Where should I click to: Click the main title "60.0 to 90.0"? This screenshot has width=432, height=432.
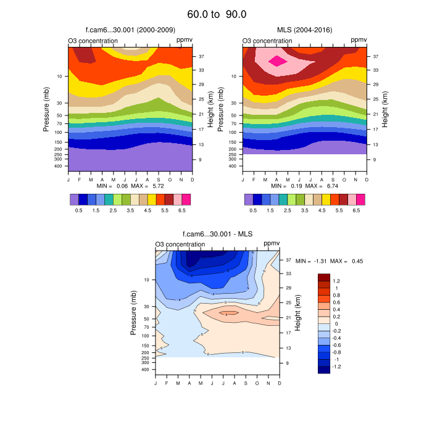click(217, 14)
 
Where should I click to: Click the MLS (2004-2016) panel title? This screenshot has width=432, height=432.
click(304, 30)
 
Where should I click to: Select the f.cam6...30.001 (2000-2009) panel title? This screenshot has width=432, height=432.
click(130, 30)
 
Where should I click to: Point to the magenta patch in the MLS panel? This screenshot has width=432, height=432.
click(277, 60)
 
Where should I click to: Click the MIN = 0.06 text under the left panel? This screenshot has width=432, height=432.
click(112, 186)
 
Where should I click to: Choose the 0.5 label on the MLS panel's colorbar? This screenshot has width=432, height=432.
click(252, 210)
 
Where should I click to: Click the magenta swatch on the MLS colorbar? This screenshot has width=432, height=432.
click(361, 199)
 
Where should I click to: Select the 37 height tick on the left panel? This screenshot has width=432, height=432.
click(201, 56)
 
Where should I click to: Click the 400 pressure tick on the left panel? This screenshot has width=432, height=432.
click(59, 166)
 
